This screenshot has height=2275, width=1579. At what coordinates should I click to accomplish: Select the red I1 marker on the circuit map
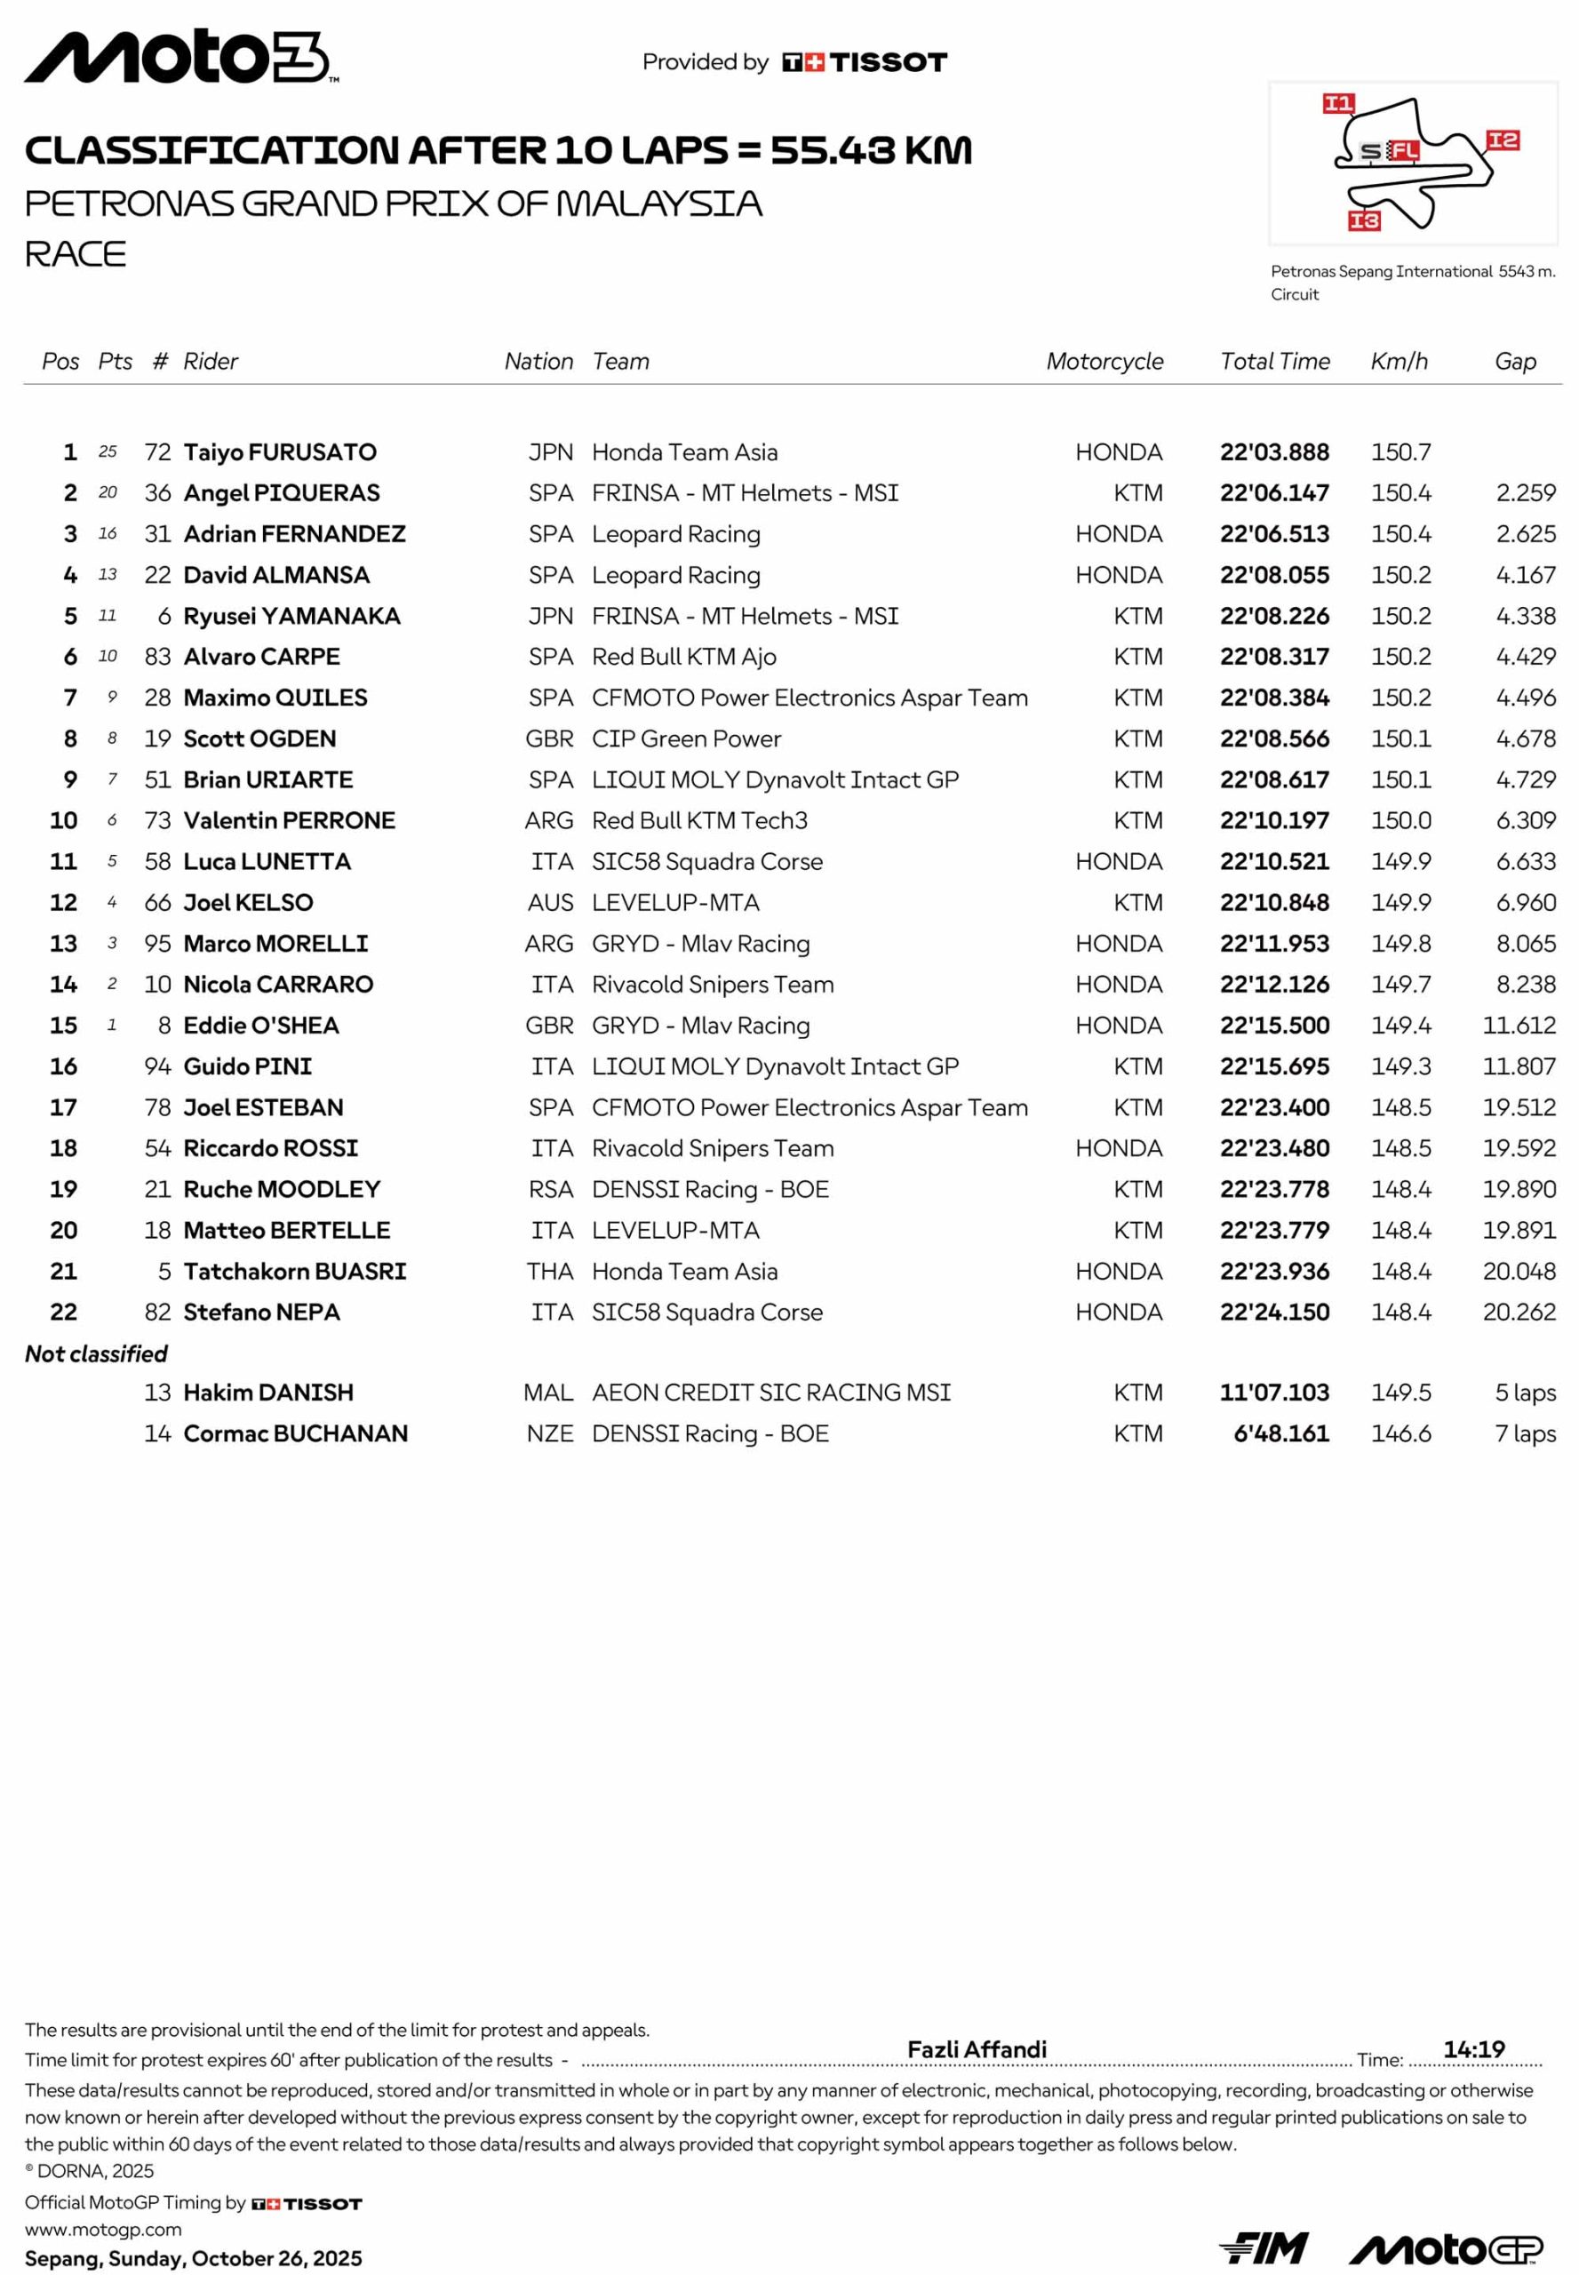[1337, 103]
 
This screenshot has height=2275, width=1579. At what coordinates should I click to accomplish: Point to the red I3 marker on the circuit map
[1363, 220]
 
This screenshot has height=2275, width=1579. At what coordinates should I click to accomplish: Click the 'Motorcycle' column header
[1105, 361]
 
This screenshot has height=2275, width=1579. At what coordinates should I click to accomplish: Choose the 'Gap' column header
[1515, 361]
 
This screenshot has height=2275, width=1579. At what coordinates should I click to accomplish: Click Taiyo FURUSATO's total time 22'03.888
[1273, 452]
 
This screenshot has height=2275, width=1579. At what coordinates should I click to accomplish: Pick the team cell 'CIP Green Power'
[686, 738]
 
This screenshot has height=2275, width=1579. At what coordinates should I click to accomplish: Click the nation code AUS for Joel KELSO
[550, 903]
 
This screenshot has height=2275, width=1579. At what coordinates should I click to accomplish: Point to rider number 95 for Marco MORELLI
[157, 943]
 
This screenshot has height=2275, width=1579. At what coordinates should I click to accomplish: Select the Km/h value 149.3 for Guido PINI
[1400, 1066]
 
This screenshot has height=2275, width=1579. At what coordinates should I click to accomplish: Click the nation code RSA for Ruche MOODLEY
[550, 1188]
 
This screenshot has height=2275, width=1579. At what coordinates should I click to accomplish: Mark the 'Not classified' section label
[96, 1353]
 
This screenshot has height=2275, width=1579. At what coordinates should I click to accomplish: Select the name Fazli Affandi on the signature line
[977, 2049]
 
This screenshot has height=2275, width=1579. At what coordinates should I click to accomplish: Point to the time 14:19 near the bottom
[1473, 2049]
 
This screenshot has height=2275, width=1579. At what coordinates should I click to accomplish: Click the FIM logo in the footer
[1264, 2248]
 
